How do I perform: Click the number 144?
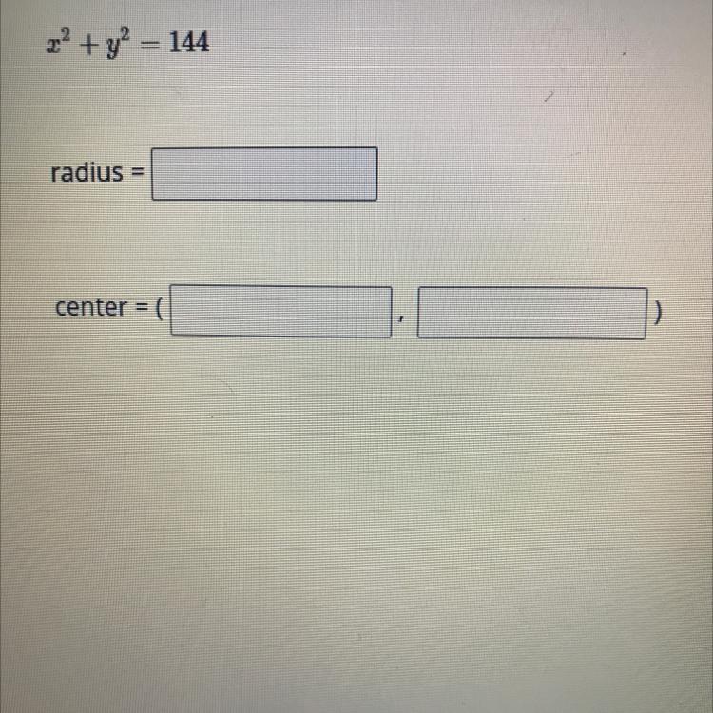(189, 42)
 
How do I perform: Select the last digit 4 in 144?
(202, 42)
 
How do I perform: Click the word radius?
(87, 172)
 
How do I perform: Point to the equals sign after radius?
(137, 173)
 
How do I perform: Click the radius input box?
(264, 174)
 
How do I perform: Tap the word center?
(90, 307)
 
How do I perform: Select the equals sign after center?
(141, 308)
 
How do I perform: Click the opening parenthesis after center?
(159, 308)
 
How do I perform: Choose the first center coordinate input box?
(281, 312)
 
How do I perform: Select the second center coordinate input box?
(532, 314)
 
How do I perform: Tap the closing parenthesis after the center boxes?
(658, 314)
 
